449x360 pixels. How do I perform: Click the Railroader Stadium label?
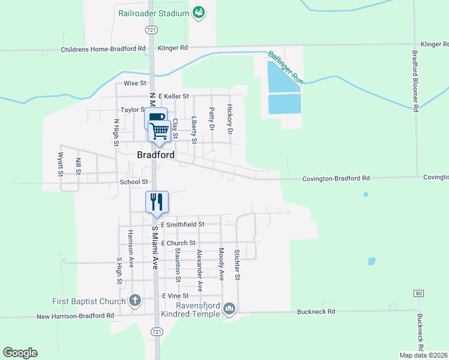click(x=154, y=12)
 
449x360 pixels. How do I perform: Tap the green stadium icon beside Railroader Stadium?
click(x=199, y=12)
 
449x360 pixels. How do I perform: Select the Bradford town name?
click(x=155, y=155)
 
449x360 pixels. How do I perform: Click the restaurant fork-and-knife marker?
click(x=157, y=201)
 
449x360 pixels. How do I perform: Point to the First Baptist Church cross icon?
click(x=135, y=301)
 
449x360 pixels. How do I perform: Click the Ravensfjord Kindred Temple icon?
click(x=229, y=309)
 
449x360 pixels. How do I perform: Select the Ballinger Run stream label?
click(x=286, y=66)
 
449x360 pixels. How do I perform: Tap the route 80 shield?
click(x=418, y=293)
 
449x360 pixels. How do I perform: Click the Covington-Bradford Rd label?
click(x=336, y=178)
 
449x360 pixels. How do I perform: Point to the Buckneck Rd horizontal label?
click(x=315, y=312)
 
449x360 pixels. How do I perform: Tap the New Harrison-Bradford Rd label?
click(x=75, y=316)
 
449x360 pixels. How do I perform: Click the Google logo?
click(x=20, y=353)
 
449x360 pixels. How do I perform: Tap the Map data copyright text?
click(x=423, y=355)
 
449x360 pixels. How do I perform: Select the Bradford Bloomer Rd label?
click(x=415, y=80)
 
